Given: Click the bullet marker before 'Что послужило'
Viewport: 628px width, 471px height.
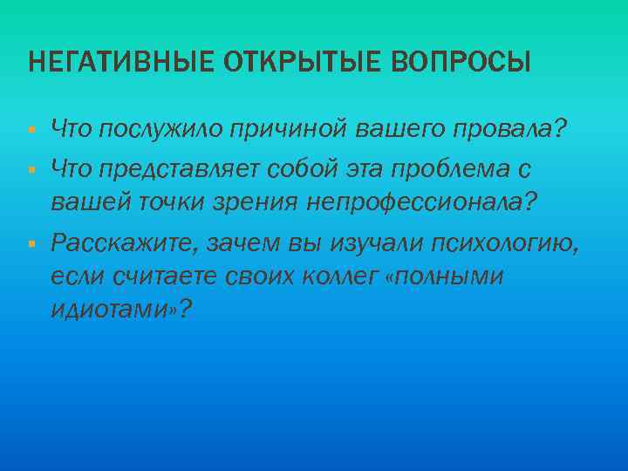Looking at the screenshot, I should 31,130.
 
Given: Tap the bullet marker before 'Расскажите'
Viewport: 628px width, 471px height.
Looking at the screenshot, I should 31,242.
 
